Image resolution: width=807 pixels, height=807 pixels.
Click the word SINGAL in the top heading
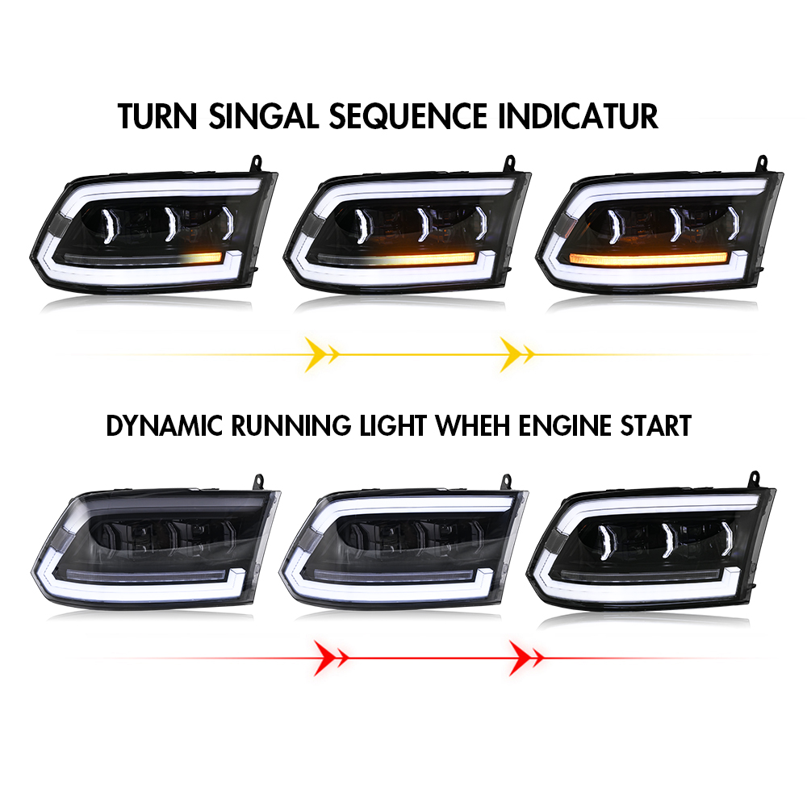click(x=264, y=116)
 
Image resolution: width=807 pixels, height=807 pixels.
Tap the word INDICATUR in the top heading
click(x=578, y=116)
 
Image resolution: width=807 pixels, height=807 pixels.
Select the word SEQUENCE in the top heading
click(x=408, y=116)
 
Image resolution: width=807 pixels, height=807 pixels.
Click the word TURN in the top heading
click(x=157, y=116)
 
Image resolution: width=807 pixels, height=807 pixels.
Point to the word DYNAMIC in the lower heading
click(x=164, y=425)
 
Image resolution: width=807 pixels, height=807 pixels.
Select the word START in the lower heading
click(x=655, y=425)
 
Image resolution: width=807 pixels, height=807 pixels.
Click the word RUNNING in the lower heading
click(x=291, y=425)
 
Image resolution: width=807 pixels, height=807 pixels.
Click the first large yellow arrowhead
click(x=315, y=354)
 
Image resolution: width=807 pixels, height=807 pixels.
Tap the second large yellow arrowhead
click(x=511, y=354)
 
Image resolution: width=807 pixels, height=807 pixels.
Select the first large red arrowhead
click(x=324, y=658)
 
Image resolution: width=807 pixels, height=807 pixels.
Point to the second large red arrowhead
click(x=520, y=658)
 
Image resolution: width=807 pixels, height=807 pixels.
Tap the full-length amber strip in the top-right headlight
click(x=649, y=258)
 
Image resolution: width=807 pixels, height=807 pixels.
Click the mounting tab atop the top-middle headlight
click(x=509, y=163)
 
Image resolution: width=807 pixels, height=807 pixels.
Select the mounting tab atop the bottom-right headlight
click(x=754, y=479)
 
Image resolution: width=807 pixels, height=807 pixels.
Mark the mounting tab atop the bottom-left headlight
click(x=258, y=482)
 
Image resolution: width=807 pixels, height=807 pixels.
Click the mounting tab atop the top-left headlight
click(x=256, y=163)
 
